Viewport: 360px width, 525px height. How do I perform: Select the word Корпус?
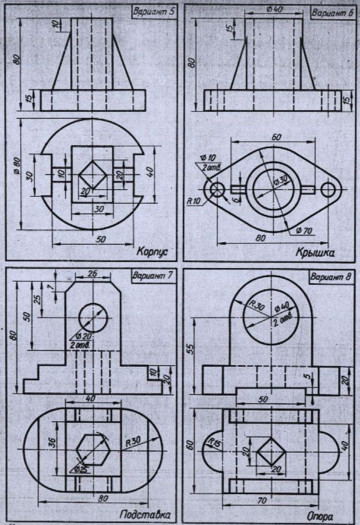[152, 251]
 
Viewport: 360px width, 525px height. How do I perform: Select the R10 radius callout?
[193, 200]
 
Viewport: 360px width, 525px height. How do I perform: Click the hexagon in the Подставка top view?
[93, 448]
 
